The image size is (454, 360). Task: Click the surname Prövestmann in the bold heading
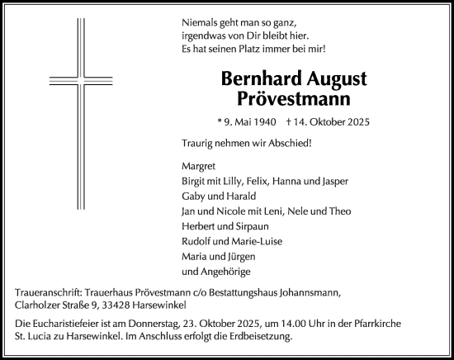[x=294, y=98]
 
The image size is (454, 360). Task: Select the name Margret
[x=199, y=165]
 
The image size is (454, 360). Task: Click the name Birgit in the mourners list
[x=195, y=181]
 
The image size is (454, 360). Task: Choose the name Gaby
[x=193, y=197]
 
